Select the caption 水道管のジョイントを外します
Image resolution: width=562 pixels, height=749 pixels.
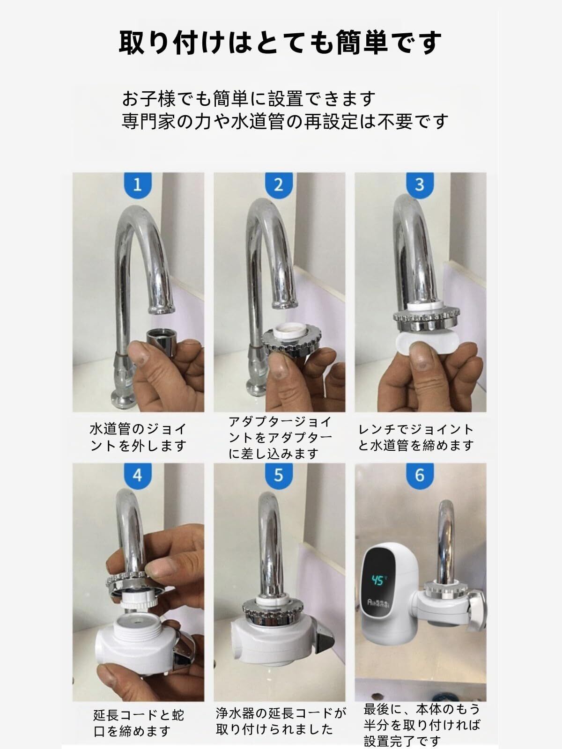point(138,438)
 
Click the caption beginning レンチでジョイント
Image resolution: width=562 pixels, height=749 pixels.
point(416,437)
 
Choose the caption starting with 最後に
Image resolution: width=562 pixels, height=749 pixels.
point(422,725)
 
